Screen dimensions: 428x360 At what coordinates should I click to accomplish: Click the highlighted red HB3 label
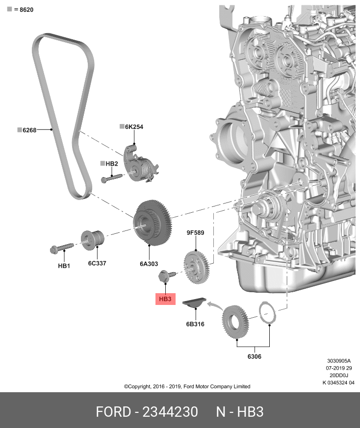point(165,299)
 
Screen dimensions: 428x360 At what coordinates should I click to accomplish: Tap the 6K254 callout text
point(134,126)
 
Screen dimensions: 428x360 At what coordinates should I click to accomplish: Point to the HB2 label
point(112,163)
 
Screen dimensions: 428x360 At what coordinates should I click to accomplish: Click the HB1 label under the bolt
point(64,265)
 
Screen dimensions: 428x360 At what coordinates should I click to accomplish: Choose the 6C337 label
point(97,263)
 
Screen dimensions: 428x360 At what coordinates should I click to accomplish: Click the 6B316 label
point(195,324)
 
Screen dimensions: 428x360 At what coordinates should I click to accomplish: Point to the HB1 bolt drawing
point(61,249)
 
